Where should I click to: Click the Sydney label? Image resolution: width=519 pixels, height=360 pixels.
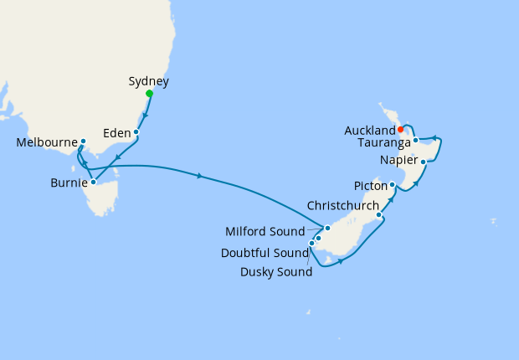(149, 81)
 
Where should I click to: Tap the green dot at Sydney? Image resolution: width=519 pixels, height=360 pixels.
(149, 93)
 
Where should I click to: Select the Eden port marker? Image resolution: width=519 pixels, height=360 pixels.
(136, 132)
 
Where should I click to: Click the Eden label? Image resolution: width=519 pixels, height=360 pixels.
(116, 132)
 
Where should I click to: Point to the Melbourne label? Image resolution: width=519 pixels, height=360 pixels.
(47, 142)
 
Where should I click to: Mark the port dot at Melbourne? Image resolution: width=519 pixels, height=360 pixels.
(83, 141)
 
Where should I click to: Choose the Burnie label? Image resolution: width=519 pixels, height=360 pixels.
(68, 182)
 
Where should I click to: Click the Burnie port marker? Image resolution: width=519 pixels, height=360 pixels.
(94, 182)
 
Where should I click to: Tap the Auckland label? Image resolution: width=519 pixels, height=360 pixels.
(369, 131)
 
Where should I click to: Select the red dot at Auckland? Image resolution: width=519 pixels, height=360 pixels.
(401, 129)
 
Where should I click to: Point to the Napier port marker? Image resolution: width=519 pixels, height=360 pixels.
(424, 162)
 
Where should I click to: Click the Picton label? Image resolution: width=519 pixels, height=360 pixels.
(368, 185)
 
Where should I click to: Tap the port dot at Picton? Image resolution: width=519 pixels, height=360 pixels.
(392, 184)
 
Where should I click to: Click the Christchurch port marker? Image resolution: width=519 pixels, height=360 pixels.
(380, 215)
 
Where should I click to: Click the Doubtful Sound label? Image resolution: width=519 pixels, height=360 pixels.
(262, 252)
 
